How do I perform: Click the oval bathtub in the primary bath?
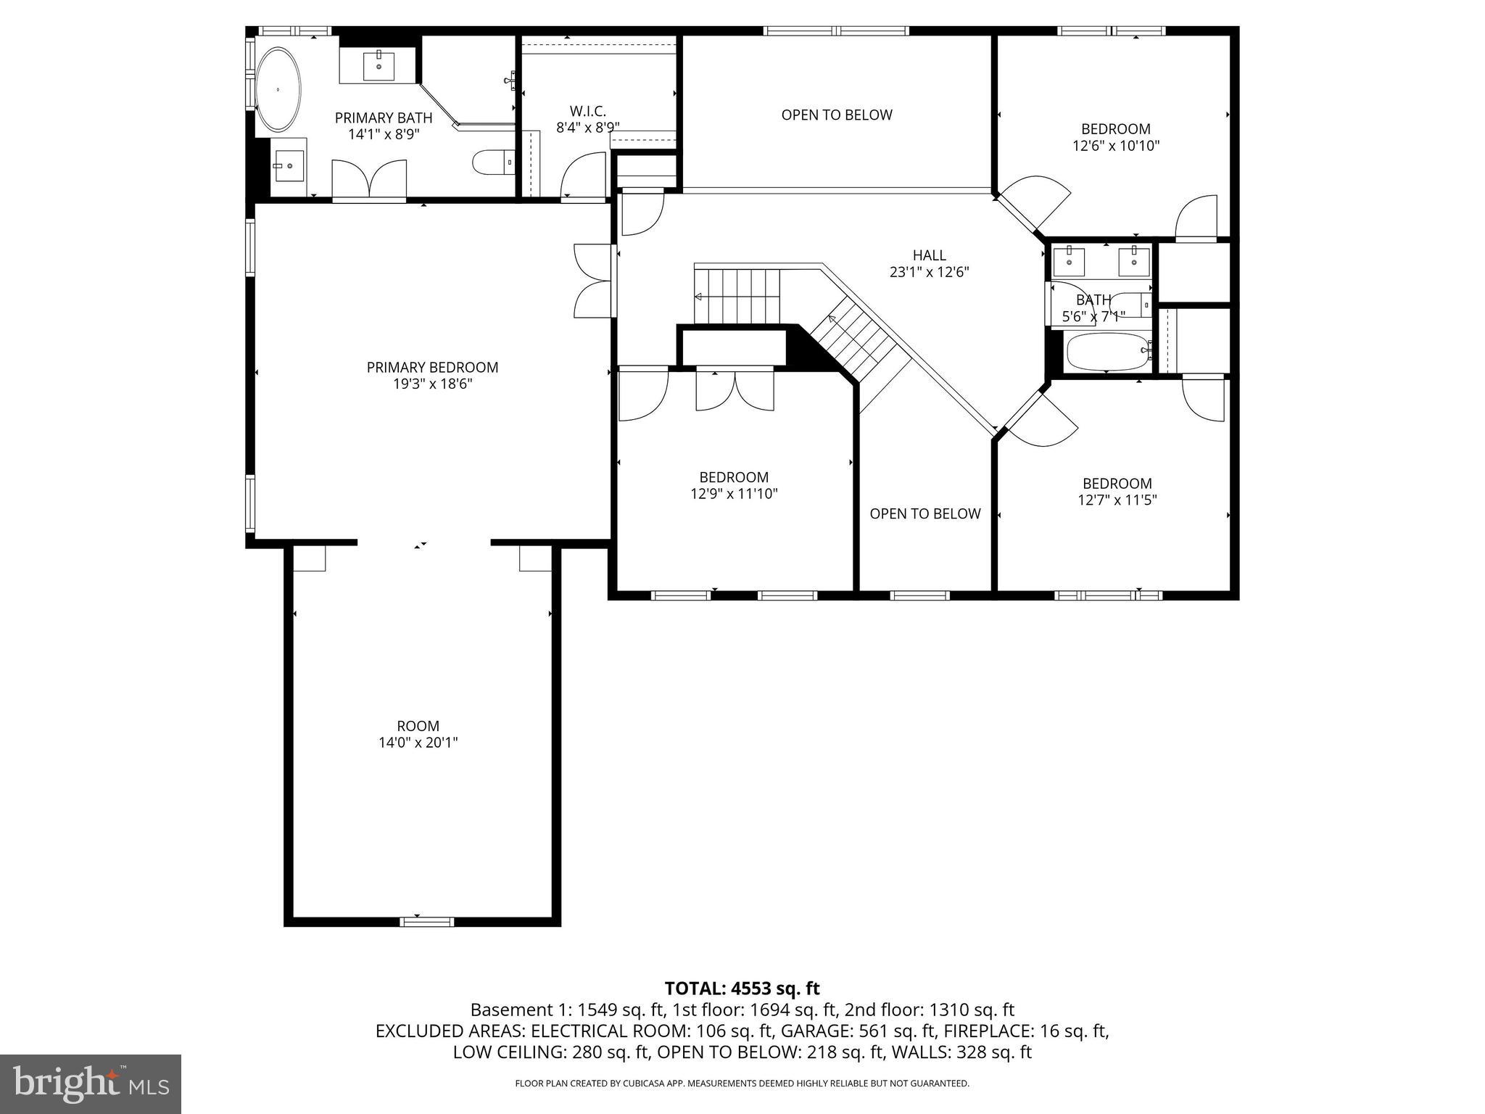pyautogui.click(x=278, y=90)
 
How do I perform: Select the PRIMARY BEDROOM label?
pyautogui.click(x=432, y=368)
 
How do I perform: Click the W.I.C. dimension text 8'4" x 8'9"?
pyautogui.click(x=587, y=128)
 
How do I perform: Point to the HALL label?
pyautogui.click(x=929, y=255)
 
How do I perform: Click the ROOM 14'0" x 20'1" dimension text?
pyautogui.click(x=418, y=743)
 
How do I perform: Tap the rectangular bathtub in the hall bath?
pyautogui.click(x=1106, y=351)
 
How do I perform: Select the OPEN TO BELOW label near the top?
pyautogui.click(x=836, y=115)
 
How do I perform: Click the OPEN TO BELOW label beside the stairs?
pyautogui.click(x=924, y=513)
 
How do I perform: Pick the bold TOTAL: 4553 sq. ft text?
pyautogui.click(x=742, y=989)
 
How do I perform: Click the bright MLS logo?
pyautogui.click(x=91, y=1084)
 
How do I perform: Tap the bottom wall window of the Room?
pyautogui.click(x=426, y=922)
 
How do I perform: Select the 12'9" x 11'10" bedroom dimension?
pyautogui.click(x=734, y=494)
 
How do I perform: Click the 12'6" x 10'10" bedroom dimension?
pyautogui.click(x=1116, y=146)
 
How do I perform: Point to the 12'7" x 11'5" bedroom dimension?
pyautogui.click(x=1117, y=500)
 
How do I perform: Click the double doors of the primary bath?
pyautogui.click(x=369, y=178)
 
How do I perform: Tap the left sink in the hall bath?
pyautogui.click(x=1070, y=260)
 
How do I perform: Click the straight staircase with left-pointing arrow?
pyautogui.click(x=737, y=296)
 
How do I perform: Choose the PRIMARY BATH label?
pyautogui.click(x=384, y=117)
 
